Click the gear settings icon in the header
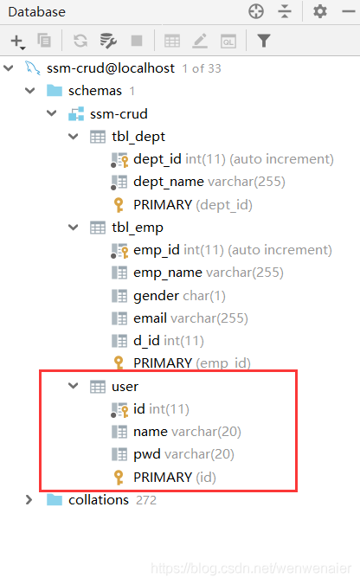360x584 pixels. coord(319,11)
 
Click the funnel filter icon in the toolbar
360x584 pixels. coord(263,41)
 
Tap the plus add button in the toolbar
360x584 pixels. coord(17,41)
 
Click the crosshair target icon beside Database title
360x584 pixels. coord(256,11)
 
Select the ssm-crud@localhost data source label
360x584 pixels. coord(110,68)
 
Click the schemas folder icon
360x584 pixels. coord(55,91)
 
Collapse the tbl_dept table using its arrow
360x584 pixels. coord(74,137)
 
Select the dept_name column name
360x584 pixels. coord(169,182)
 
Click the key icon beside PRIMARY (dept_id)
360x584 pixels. coord(119,205)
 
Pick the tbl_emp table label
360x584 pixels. coord(138,228)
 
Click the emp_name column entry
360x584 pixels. coord(168,273)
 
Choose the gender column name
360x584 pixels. coord(156,296)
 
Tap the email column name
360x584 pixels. coord(150,318)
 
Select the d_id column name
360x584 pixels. coord(146,341)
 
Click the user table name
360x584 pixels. coord(125,387)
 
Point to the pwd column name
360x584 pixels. coord(147,454)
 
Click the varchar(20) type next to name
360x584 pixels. coord(207,432)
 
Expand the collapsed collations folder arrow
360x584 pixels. coord(29,500)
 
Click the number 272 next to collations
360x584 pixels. coord(146,500)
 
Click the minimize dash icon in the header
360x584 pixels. coord(349,11)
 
